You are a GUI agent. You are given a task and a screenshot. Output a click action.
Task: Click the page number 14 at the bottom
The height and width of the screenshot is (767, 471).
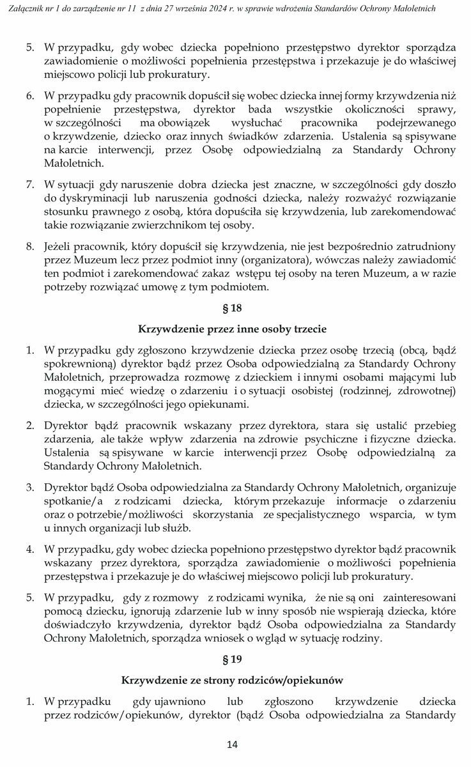pyautogui.click(x=232, y=744)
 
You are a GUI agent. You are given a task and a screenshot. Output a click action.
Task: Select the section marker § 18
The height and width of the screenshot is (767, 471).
pyautogui.click(x=232, y=308)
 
